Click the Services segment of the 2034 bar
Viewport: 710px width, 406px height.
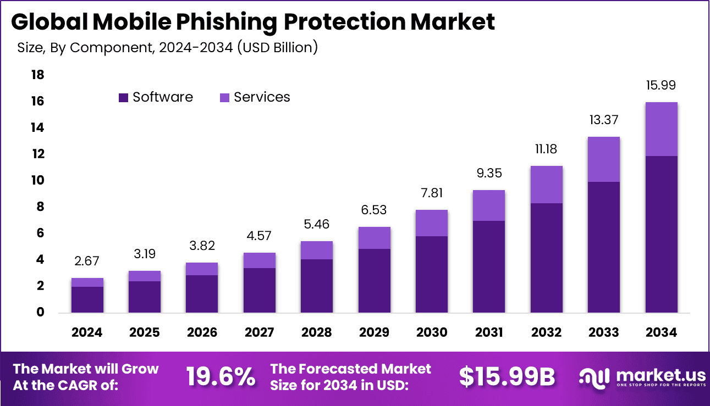[661, 129]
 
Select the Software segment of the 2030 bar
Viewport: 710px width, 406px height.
[432, 274]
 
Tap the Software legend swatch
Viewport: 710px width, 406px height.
[123, 98]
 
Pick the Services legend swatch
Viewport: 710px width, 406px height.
[224, 98]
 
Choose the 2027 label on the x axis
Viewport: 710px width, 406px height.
[259, 332]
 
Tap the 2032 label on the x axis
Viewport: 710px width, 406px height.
[546, 332]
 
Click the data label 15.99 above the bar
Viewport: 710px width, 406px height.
[661, 85]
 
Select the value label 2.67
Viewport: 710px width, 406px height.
[87, 261]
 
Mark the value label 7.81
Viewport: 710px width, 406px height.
[432, 193]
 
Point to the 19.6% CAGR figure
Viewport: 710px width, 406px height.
[220, 377]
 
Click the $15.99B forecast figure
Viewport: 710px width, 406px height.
[507, 377]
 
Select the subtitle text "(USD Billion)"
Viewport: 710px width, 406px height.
[277, 48]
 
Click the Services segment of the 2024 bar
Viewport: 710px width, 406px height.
[87, 282]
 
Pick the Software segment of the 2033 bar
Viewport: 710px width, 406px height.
[604, 247]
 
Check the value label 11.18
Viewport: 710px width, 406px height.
[546, 149]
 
